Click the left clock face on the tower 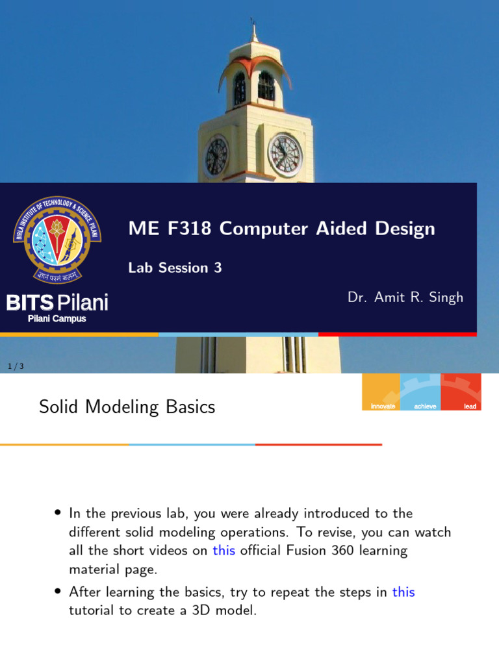coord(216,157)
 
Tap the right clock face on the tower coord(285,155)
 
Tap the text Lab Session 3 coord(175,268)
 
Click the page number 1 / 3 coord(16,367)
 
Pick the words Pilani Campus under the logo coord(57,319)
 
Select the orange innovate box coord(382,392)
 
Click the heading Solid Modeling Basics coord(127,407)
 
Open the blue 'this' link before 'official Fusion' coord(224,551)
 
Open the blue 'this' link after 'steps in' coord(403,592)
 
